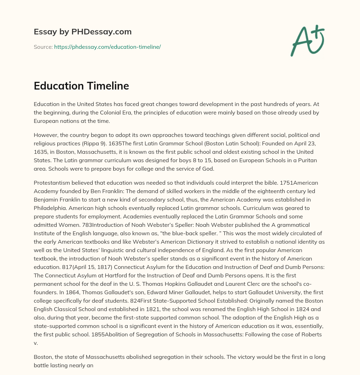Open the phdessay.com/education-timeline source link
[x=107, y=47]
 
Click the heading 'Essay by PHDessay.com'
[x=83, y=32]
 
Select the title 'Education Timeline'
[x=81, y=86]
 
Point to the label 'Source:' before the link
[x=43, y=47]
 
